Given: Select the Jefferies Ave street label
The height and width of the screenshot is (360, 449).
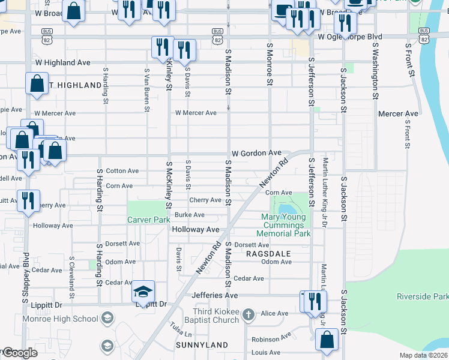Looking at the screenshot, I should (214, 295).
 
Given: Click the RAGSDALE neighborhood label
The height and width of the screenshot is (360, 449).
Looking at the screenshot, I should (268, 254).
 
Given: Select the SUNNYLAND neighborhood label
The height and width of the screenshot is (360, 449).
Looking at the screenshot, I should (202, 345).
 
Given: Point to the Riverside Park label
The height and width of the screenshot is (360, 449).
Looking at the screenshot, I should (422, 296).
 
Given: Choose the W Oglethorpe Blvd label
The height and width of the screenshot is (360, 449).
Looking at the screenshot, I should (358, 37).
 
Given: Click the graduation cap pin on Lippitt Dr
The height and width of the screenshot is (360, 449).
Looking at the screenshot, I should (143, 292).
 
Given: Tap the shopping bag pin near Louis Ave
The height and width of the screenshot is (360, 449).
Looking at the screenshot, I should (327, 340).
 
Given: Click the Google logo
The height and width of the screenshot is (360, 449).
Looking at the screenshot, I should (19, 353).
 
